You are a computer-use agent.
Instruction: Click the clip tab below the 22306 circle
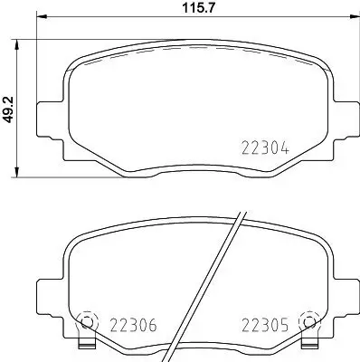[87, 345]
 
